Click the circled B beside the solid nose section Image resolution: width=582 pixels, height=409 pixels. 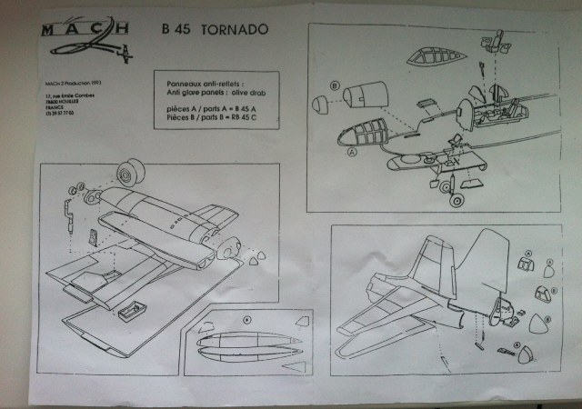pos(336,86)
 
